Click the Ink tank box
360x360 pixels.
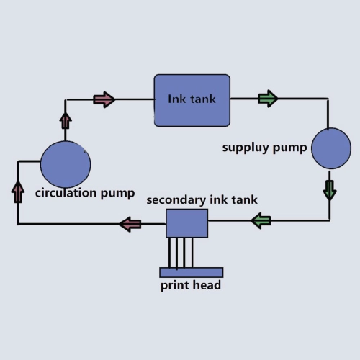(192, 100)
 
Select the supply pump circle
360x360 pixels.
(331, 148)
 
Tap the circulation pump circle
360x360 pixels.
(66, 164)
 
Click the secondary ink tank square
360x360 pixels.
(187, 223)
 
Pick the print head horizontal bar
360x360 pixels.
(192, 272)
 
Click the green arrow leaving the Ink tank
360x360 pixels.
(268, 99)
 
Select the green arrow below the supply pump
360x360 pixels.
(330, 191)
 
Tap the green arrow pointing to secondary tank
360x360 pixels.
(261, 220)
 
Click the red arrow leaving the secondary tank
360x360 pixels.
(130, 224)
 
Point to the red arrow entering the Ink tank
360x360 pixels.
(104, 99)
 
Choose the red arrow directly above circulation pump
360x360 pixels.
(66, 121)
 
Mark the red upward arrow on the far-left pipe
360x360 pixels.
(18, 192)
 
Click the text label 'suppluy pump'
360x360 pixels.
(264, 148)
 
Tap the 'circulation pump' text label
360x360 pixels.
(85, 193)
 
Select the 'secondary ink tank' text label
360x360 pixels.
(202, 200)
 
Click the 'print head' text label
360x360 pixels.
(191, 285)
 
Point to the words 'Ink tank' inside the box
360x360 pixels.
(192, 99)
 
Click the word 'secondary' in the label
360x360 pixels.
(176, 200)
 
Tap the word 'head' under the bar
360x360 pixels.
(207, 285)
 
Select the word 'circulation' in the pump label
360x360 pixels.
(66, 193)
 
